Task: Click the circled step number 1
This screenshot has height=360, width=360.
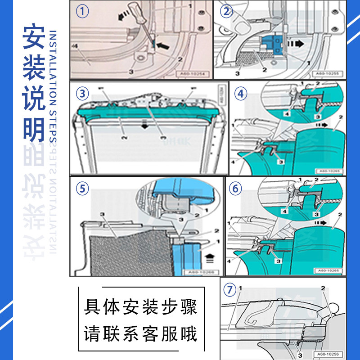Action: click(x=81, y=11)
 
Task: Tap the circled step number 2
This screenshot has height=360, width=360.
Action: click(x=225, y=11)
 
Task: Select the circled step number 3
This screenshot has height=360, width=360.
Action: click(x=81, y=94)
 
